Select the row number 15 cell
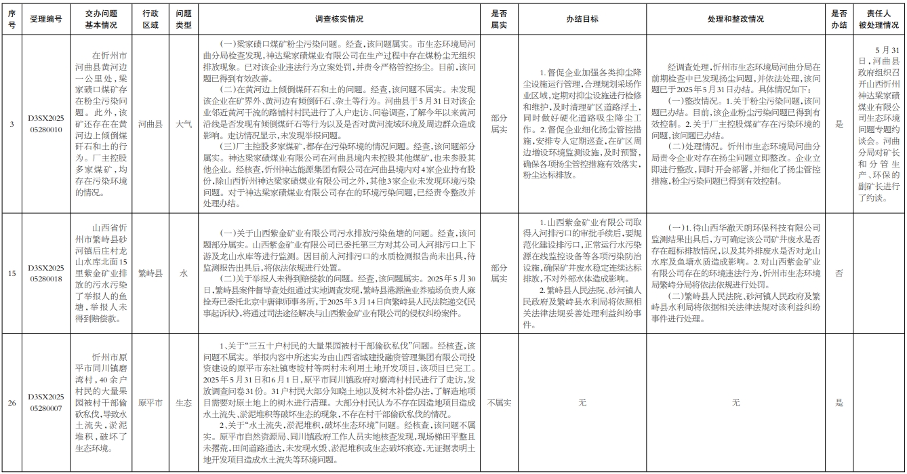tap(12, 273)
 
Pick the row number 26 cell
tap(12, 402)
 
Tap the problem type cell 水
tap(183, 273)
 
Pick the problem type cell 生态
tap(183, 402)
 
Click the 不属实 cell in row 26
tap(499, 402)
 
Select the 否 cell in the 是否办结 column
tap(839, 273)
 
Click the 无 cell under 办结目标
tap(582, 402)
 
